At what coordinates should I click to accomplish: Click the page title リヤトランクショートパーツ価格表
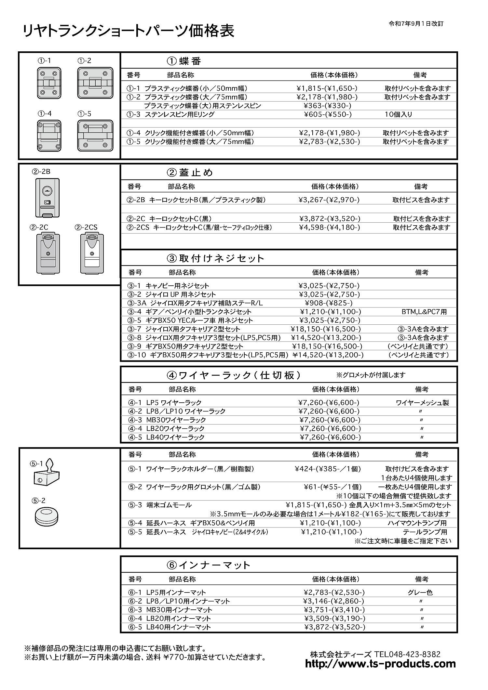[x=129, y=32]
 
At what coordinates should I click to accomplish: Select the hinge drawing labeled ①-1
[x=49, y=83]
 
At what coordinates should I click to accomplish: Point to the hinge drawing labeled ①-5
[x=95, y=136]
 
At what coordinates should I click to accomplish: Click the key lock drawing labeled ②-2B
[x=47, y=198]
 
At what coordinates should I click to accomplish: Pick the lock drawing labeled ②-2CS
[x=92, y=253]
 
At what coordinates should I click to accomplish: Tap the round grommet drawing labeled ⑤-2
[x=47, y=517]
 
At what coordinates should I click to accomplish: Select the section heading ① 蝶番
[x=184, y=61]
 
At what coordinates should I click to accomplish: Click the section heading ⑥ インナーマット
[x=208, y=565]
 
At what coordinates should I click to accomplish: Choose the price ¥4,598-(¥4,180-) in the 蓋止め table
[x=329, y=228]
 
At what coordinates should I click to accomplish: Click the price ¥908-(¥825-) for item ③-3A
[x=329, y=303]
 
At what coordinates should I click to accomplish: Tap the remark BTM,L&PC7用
[x=424, y=312]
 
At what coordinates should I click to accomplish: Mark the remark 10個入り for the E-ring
[x=398, y=114]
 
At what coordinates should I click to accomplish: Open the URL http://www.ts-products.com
[x=380, y=664]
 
